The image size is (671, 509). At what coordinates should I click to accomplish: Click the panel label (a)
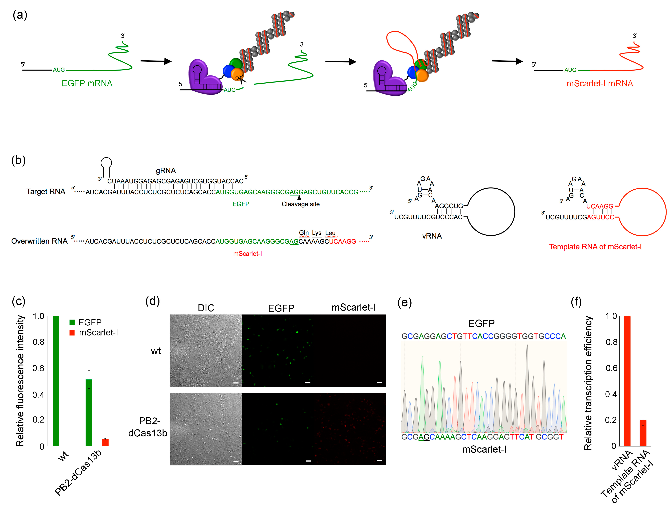click(x=20, y=15)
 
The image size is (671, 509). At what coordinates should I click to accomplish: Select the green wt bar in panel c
click(x=56, y=381)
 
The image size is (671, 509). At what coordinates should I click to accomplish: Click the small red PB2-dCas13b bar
click(x=105, y=442)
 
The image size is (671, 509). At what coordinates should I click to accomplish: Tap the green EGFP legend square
click(x=72, y=322)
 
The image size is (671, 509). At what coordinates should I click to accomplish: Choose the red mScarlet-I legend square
click(x=72, y=333)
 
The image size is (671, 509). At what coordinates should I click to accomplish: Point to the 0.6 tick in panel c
click(x=38, y=368)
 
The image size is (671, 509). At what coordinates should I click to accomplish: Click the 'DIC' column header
click(x=206, y=308)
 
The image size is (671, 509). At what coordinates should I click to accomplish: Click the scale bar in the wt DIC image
click(x=236, y=383)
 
